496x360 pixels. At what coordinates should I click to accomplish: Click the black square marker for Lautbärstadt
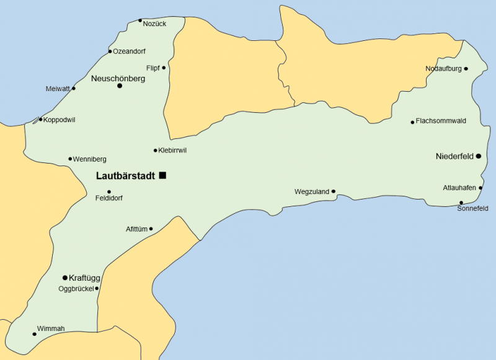click(x=162, y=175)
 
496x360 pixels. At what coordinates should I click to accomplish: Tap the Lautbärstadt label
click(x=125, y=176)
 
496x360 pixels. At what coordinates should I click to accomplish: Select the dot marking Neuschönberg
click(x=120, y=86)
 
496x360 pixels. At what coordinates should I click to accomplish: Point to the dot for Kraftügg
click(x=65, y=278)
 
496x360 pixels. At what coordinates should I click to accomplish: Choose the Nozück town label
click(x=154, y=24)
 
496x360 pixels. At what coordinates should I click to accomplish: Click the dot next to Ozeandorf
click(x=110, y=51)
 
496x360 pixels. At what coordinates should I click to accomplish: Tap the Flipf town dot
click(x=164, y=68)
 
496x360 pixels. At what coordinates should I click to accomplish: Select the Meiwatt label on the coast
click(x=58, y=89)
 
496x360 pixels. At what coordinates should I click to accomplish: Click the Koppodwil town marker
click(x=40, y=120)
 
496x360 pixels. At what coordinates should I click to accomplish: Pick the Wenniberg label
click(x=89, y=159)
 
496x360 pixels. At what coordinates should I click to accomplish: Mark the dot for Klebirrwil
click(x=155, y=151)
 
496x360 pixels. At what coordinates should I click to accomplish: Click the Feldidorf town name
click(x=109, y=200)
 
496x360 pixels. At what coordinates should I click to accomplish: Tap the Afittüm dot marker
click(x=151, y=229)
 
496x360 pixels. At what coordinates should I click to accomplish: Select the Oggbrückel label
click(x=75, y=289)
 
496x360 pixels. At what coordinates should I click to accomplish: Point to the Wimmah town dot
click(x=34, y=335)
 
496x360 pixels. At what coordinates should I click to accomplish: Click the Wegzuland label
click(x=311, y=192)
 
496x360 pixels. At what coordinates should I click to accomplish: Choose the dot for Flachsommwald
click(x=412, y=122)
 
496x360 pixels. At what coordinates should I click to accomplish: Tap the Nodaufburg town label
click(x=443, y=69)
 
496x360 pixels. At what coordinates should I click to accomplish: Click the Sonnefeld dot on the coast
click(x=461, y=203)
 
